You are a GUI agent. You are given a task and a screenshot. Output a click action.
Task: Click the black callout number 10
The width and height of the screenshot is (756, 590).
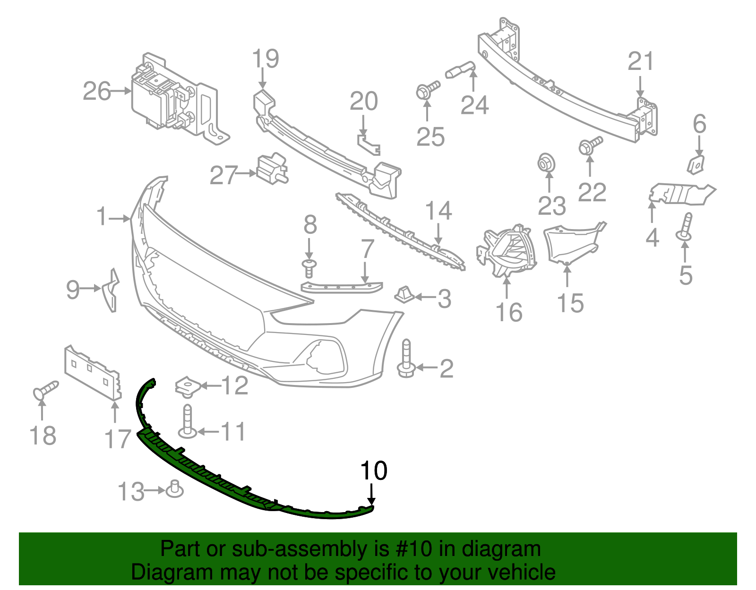(x=374, y=470)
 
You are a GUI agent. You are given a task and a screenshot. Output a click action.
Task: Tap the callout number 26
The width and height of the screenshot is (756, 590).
(x=97, y=91)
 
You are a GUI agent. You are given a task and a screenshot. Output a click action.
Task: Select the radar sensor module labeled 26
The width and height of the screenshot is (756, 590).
(x=175, y=99)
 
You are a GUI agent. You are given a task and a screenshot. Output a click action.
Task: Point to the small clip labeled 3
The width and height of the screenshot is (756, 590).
(x=404, y=295)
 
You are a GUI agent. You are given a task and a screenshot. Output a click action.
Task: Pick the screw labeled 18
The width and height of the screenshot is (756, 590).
(x=45, y=390)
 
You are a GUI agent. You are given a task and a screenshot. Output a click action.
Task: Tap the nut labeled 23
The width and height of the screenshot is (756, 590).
(x=547, y=163)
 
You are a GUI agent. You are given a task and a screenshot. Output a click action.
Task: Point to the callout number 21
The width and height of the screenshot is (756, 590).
(x=641, y=62)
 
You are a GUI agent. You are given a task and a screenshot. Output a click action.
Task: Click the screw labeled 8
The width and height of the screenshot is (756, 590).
(x=309, y=267)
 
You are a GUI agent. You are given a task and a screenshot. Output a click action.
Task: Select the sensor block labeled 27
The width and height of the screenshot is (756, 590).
(x=272, y=169)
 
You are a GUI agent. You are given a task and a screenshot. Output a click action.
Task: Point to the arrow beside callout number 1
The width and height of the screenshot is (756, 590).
(x=120, y=218)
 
